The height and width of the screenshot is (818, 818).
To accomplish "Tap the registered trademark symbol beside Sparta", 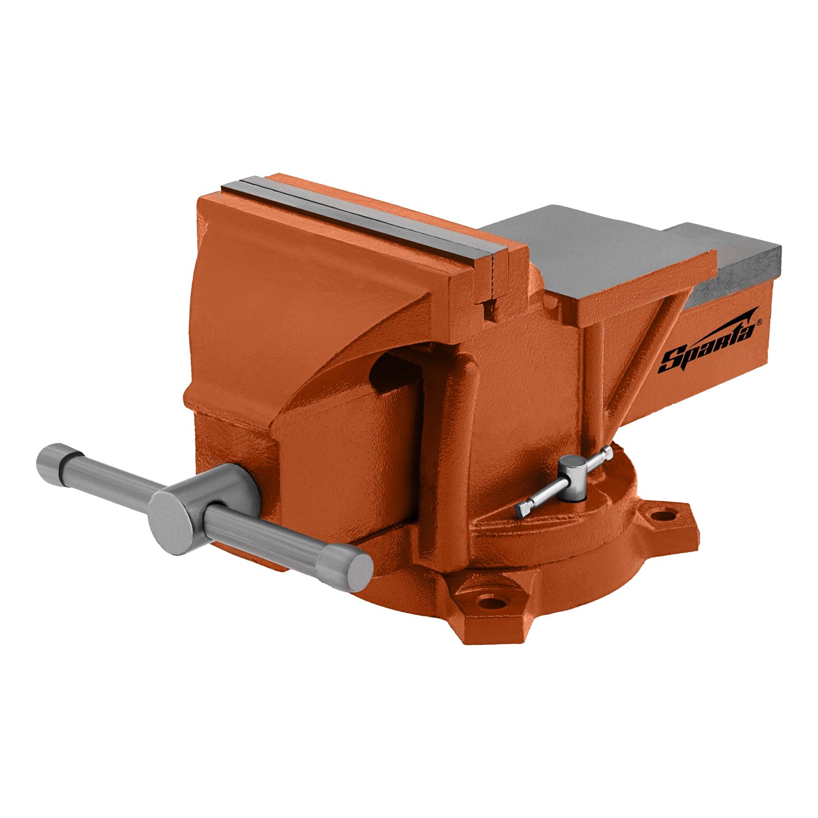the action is click(x=759, y=323).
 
